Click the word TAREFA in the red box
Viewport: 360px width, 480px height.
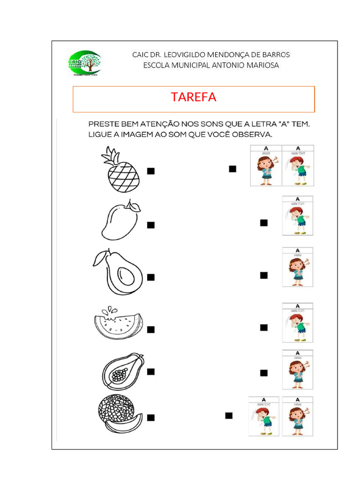pos(194,97)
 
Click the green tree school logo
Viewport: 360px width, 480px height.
pos(84,64)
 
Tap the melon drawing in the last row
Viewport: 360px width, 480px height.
pos(120,413)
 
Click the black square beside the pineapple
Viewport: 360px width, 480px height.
pos(151,171)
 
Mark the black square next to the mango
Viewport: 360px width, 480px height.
pos(151,225)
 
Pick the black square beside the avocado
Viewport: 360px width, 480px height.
pos(151,277)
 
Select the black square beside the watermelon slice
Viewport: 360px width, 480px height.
pos(151,330)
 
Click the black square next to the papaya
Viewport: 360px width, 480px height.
pos(151,372)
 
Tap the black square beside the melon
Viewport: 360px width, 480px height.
pos(151,418)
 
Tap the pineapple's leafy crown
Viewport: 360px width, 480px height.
pos(112,155)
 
